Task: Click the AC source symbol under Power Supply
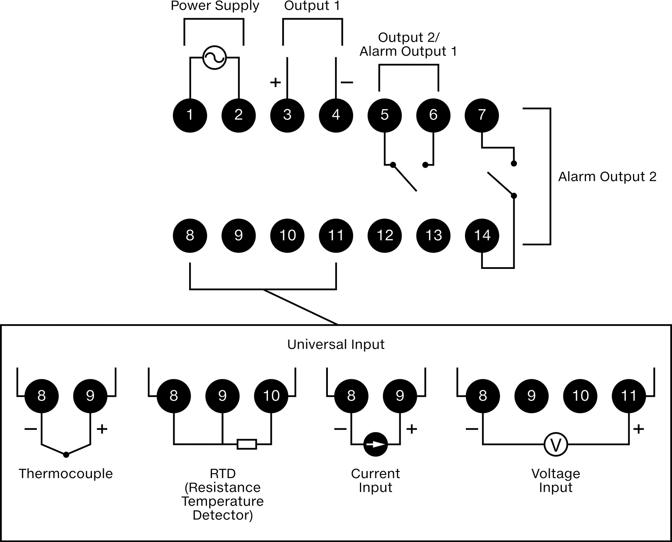pos(214,58)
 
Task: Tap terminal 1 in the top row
pos(190,115)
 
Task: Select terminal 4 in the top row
pos(336,115)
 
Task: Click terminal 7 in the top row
pos(482,115)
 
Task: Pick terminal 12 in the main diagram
pos(384,236)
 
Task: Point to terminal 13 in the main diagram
pos(433,236)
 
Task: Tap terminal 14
pos(482,236)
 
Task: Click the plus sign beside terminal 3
pos(276,83)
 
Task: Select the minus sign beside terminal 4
pos(347,83)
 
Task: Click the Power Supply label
pos(215,6)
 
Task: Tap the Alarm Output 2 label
pos(607,177)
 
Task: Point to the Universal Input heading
pos(336,344)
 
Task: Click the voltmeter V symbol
pos(556,444)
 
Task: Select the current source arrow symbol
pos(375,444)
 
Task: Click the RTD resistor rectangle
pos(247,444)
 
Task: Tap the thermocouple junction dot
pos(66,454)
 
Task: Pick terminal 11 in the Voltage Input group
pos(629,396)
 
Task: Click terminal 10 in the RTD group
pos(271,396)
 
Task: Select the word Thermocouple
pos(66,474)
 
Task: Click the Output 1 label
pos(312,6)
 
